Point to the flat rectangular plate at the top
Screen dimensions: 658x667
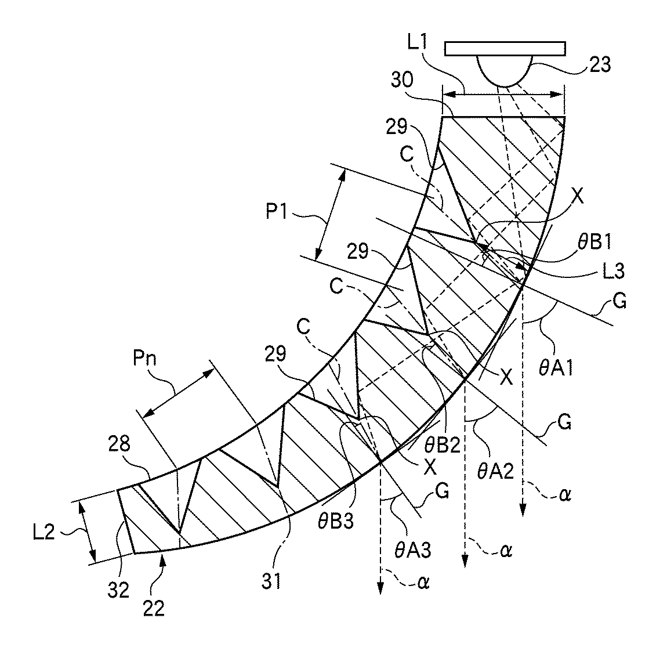click(505, 48)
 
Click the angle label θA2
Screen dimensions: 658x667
click(496, 471)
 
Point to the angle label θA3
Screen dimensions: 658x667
click(412, 550)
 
